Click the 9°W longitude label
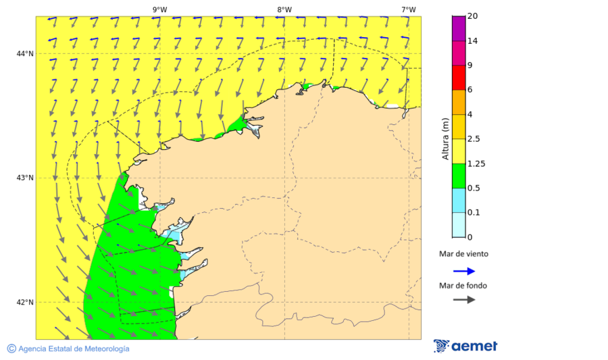[x=159, y=9]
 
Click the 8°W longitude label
[x=284, y=9]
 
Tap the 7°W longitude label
[x=408, y=9]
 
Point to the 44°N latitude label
[x=25, y=54]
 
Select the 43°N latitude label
[x=25, y=178]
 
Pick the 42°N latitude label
[x=25, y=303]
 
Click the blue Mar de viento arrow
[x=463, y=271]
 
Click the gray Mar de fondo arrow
[x=463, y=300]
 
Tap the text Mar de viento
[x=463, y=255]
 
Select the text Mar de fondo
[x=463, y=286]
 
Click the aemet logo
[x=465, y=346]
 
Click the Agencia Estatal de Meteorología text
[x=74, y=349]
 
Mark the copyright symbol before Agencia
[x=11, y=349]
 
